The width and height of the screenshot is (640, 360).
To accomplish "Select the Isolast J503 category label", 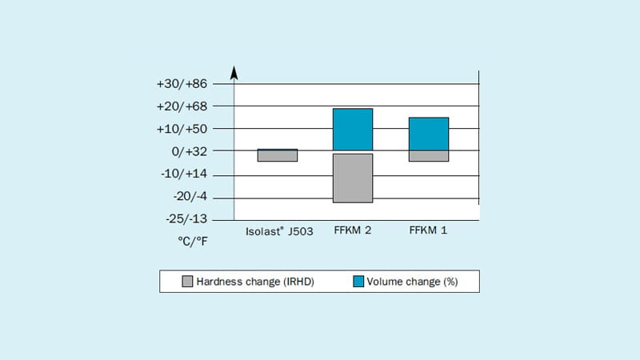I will [278, 231].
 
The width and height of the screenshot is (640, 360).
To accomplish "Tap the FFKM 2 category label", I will [353, 231].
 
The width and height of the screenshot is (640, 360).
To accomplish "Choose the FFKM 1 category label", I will [428, 231].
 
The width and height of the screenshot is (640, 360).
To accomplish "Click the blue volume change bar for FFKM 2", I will [353, 130].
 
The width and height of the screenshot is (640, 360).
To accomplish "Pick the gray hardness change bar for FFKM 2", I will [353, 178].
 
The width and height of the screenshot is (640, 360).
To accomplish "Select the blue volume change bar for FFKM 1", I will [428, 134].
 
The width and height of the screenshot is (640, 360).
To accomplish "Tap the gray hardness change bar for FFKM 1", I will [428, 156].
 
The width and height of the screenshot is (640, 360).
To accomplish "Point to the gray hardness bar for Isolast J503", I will [278, 156].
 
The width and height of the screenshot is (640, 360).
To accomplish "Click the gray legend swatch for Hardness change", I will [188, 281].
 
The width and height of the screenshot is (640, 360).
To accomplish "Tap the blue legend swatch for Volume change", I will [359, 281].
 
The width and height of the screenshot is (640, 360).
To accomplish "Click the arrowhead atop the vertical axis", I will [234, 73].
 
